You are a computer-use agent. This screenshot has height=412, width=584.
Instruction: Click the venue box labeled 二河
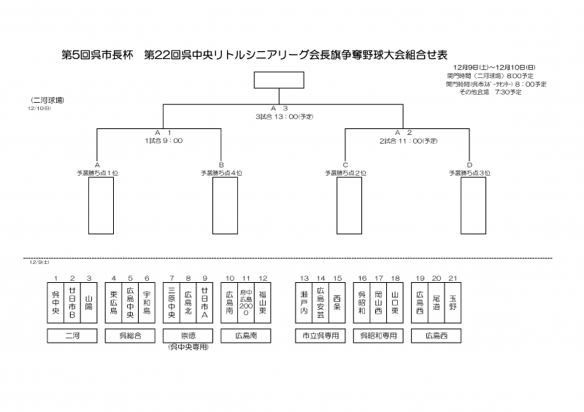point(72,335)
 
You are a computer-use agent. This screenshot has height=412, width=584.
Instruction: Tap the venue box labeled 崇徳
point(188,335)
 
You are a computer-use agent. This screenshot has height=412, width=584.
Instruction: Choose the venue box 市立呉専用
point(320,335)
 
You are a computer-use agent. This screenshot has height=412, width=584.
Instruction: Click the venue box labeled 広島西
point(436,335)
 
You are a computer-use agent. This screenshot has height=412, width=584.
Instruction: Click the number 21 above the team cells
point(453,279)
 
